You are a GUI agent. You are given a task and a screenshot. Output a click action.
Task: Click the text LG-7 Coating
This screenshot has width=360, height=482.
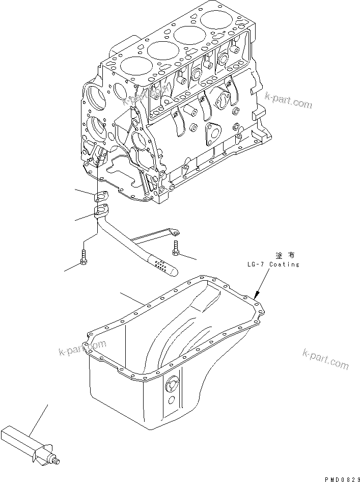(270, 264)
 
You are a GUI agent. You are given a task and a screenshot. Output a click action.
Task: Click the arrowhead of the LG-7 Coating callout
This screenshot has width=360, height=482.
(257, 295)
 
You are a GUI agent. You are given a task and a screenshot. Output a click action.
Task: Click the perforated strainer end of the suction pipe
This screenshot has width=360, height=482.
(162, 265)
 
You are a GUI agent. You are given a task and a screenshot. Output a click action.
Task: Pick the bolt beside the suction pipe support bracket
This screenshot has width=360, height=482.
(176, 247)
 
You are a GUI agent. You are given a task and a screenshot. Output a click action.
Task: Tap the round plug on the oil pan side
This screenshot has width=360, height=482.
(171, 388)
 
